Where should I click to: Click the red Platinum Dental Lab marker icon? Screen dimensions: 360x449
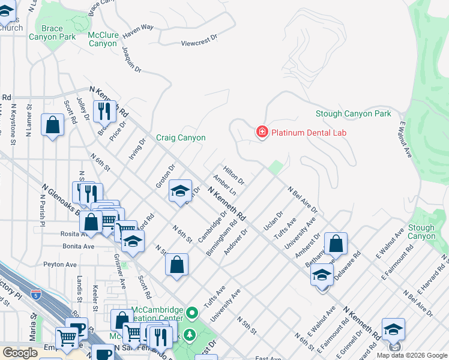[x=262, y=132]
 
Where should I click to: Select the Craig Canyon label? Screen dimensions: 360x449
[x=181, y=137]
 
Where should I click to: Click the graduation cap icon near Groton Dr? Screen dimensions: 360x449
[x=180, y=191]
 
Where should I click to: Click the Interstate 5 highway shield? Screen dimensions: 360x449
[x=37, y=295]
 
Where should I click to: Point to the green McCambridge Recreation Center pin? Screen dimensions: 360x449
[x=192, y=313]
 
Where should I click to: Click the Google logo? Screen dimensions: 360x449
[x=20, y=353]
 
